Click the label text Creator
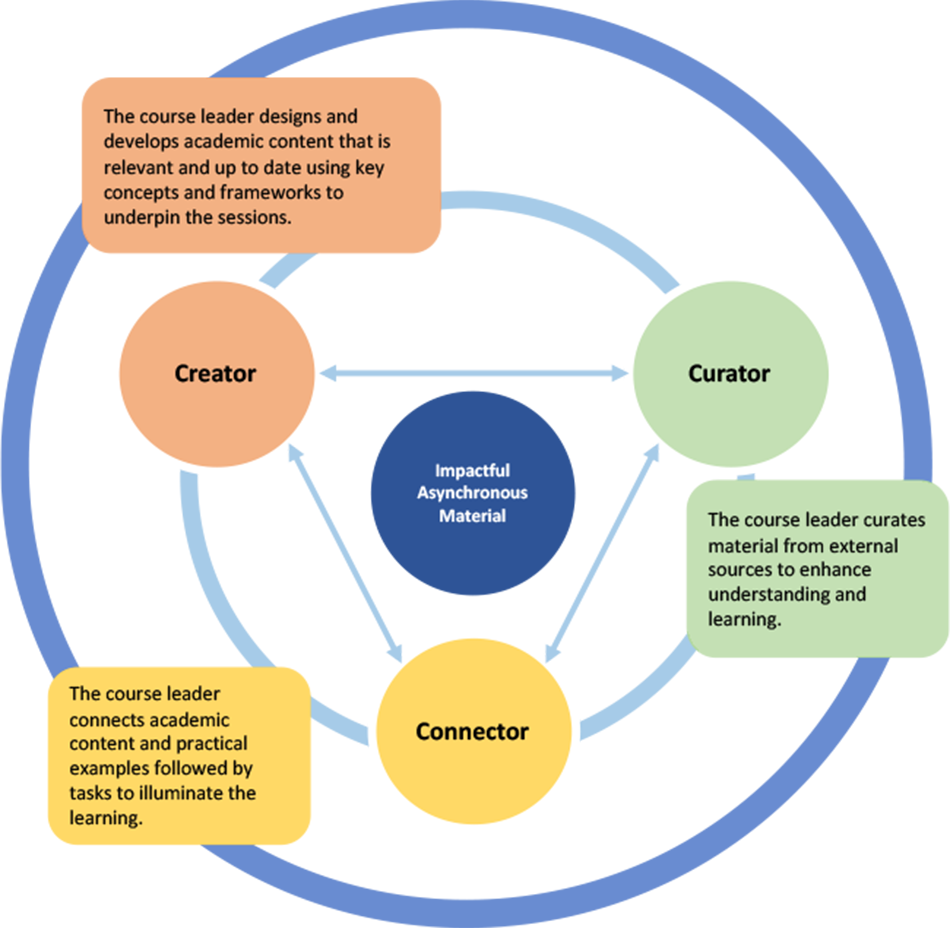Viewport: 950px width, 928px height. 215,374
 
